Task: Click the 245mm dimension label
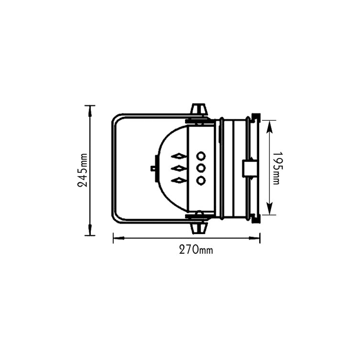[x=82, y=171]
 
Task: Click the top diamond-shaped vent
[x=179, y=156]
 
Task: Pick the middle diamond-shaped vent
[x=179, y=168]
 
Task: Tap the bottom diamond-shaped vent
[x=179, y=180]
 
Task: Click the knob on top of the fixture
[x=199, y=109]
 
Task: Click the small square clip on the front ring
[x=249, y=168]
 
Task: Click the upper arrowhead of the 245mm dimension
[x=90, y=110]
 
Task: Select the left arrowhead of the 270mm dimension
[x=117, y=238]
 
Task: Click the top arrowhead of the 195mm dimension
[x=269, y=125]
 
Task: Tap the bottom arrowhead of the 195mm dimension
[x=269, y=211]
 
